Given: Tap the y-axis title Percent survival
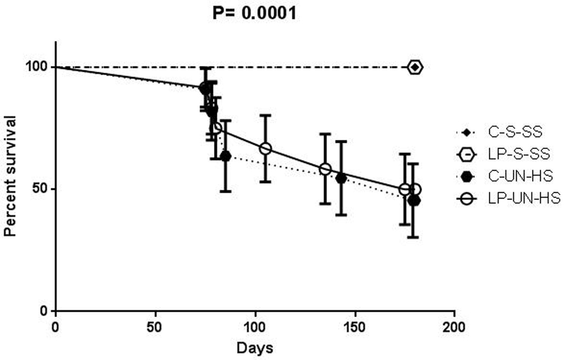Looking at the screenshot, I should coord(10,176).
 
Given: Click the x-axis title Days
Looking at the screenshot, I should coord(255,348).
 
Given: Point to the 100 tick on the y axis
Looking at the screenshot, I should coord(36,67).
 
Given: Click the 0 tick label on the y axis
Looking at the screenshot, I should coord(45,311).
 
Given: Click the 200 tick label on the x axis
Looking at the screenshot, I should coord(454,327).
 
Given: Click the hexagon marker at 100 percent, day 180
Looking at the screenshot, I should coord(415,67).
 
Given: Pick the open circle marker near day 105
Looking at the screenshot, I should coord(265,149).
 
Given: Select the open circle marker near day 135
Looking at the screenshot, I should coord(325,169).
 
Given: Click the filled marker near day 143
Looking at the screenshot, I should coord(341,178).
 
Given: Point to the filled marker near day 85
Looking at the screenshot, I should coord(226,156).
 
